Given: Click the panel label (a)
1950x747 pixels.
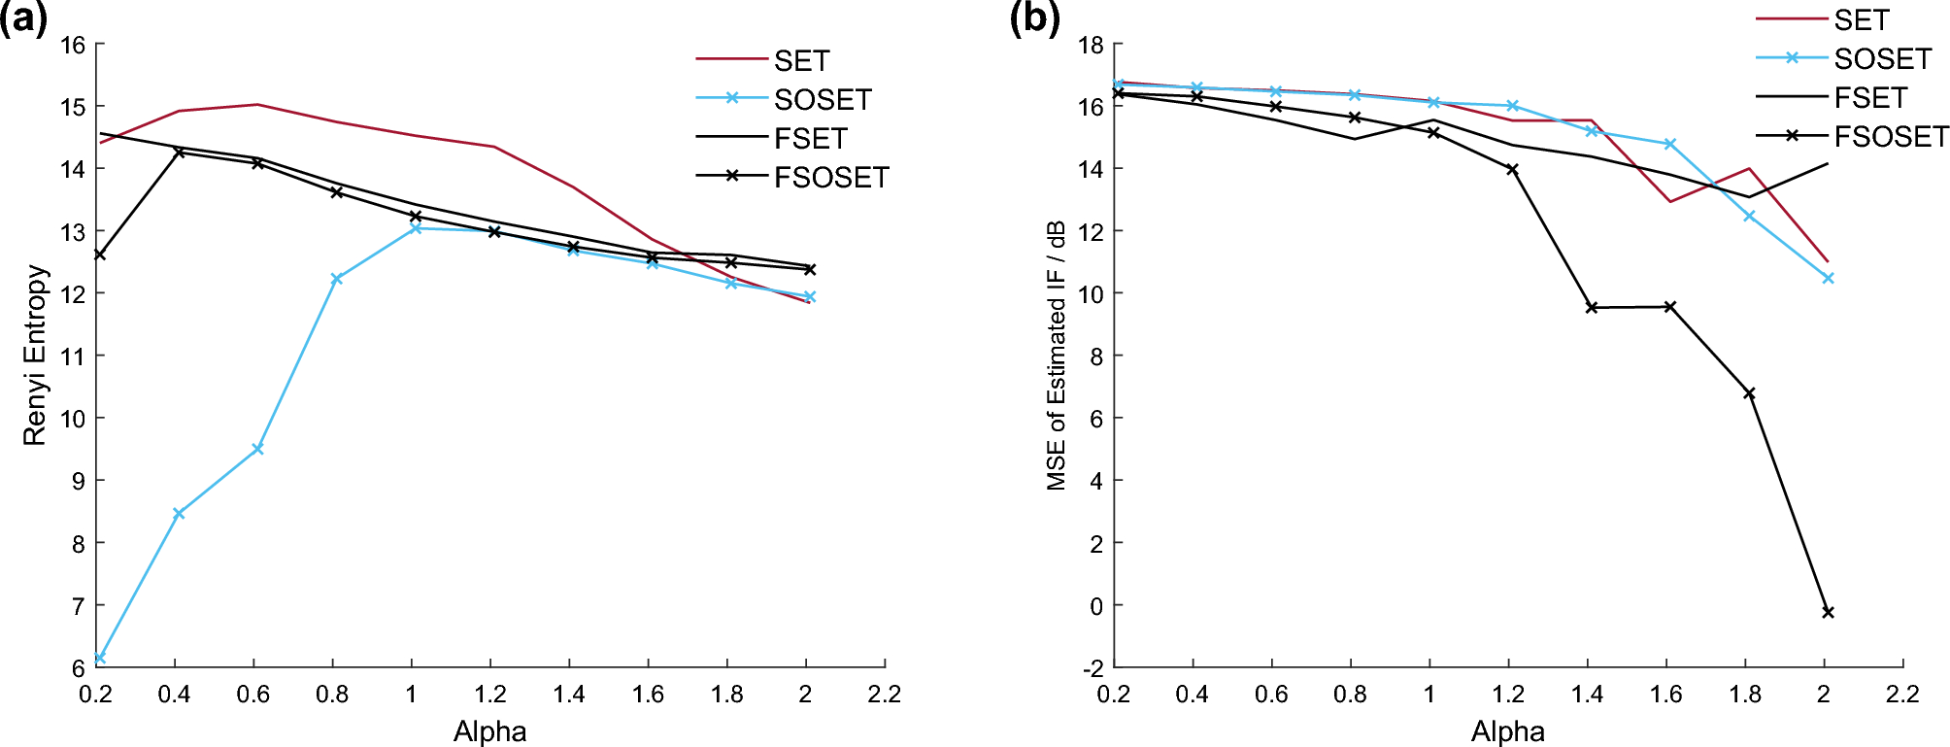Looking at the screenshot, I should [x=24, y=19].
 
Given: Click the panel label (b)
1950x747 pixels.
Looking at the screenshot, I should [x=1034, y=19].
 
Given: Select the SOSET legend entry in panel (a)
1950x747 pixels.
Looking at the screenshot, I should [x=822, y=99].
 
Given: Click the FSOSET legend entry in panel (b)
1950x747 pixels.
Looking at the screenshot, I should [x=1890, y=137].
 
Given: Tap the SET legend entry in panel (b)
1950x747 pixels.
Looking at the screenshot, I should [x=1861, y=20].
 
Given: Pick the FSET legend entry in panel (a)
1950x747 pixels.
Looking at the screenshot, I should [x=810, y=139].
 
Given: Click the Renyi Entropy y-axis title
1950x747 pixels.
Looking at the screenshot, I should [x=36, y=356].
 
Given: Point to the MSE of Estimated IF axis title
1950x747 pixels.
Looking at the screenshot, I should [x=1057, y=356].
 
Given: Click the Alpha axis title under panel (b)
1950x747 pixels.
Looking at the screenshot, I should [x=1507, y=731].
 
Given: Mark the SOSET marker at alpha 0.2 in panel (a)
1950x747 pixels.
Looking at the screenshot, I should [x=99, y=659].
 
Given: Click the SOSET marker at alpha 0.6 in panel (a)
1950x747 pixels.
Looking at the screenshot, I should [x=257, y=449].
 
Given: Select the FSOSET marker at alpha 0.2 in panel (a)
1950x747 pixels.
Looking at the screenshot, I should [x=99, y=255].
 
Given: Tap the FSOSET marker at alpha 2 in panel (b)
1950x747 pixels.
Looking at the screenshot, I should [x=1828, y=612].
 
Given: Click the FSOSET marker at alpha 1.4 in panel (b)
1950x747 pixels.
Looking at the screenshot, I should [x=1591, y=308].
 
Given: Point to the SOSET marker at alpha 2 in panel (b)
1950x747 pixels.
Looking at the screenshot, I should [x=1828, y=279].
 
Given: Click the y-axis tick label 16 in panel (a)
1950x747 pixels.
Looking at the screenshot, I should [x=73, y=45].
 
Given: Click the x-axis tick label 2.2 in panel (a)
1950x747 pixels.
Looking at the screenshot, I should [x=884, y=695].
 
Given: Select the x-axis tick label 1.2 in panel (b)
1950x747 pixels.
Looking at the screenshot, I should [x=1507, y=695].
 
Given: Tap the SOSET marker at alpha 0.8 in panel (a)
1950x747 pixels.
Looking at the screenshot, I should [x=336, y=279].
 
